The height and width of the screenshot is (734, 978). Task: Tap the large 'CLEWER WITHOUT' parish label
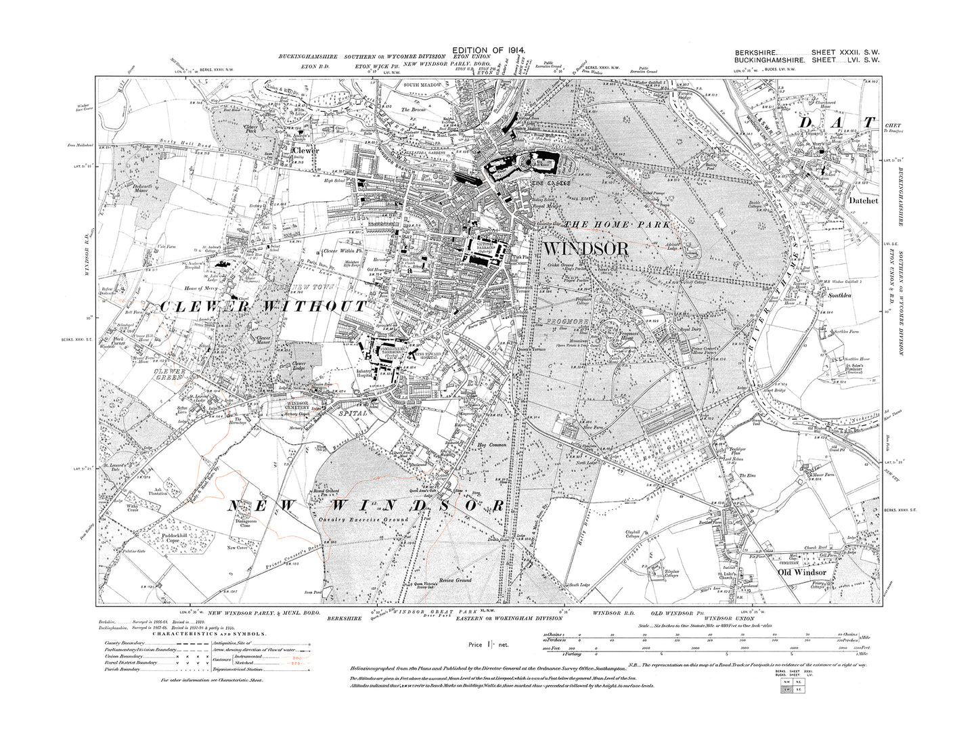tap(263, 307)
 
